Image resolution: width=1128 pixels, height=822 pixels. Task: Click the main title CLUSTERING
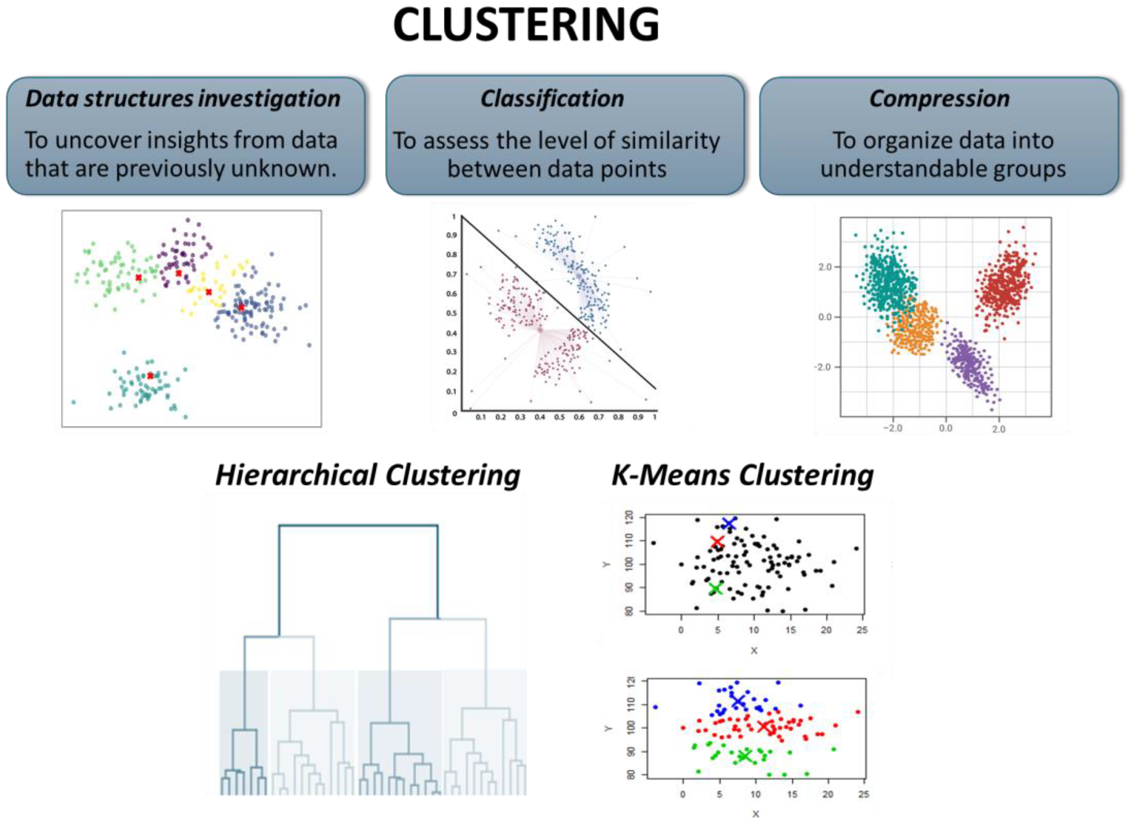[526, 25]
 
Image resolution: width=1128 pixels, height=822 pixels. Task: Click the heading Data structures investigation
[183, 99]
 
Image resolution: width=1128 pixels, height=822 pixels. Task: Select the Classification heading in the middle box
[552, 99]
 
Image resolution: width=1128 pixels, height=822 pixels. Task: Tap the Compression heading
[939, 99]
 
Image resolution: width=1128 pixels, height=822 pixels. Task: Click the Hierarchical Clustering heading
[368, 475]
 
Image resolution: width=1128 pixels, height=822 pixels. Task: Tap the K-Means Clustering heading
[742, 475]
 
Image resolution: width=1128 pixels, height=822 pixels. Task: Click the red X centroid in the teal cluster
[150, 376]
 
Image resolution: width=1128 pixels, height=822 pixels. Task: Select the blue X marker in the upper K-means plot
[729, 524]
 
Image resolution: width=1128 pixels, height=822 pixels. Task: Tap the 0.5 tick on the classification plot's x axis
[559, 417]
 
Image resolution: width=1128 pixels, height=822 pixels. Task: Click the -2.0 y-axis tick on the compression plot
[824, 367]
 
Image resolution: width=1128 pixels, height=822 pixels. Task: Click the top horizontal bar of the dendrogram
[358, 525]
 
